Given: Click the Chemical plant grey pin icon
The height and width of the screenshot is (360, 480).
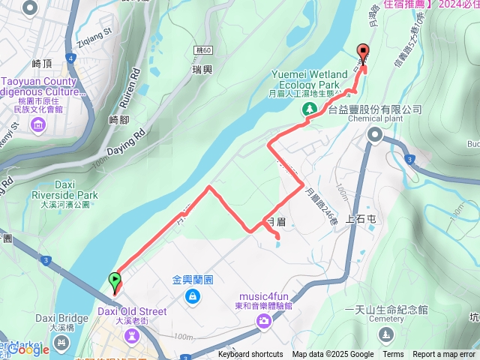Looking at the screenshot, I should pyautogui.click(x=375, y=134).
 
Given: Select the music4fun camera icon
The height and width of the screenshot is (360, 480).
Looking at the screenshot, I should pyautogui.click(x=263, y=322).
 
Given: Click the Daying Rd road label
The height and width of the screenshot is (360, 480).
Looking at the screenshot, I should pyautogui.click(x=124, y=139).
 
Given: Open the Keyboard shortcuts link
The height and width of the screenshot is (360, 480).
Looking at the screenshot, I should pyautogui.click(x=250, y=355).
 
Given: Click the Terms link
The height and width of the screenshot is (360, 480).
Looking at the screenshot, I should pyautogui.click(x=393, y=355).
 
